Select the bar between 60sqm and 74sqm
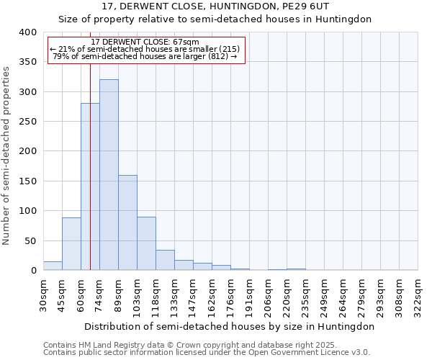pyautogui.click(x=90, y=186)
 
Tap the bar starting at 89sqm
pyautogui.click(x=127, y=222)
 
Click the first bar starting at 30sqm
pyautogui.click(x=53, y=266)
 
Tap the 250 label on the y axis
pyautogui.click(x=27, y=122)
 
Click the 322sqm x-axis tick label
pyautogui.click(x=418, y=295)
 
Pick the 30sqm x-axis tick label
pyautogui.click(x=44, y=295)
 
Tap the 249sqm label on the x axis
pyautogui.click(x=325, y=295)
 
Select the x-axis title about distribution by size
pyautogui.click(x=230, y=326)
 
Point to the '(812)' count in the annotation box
pyautogui.click(x=219, y=56)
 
